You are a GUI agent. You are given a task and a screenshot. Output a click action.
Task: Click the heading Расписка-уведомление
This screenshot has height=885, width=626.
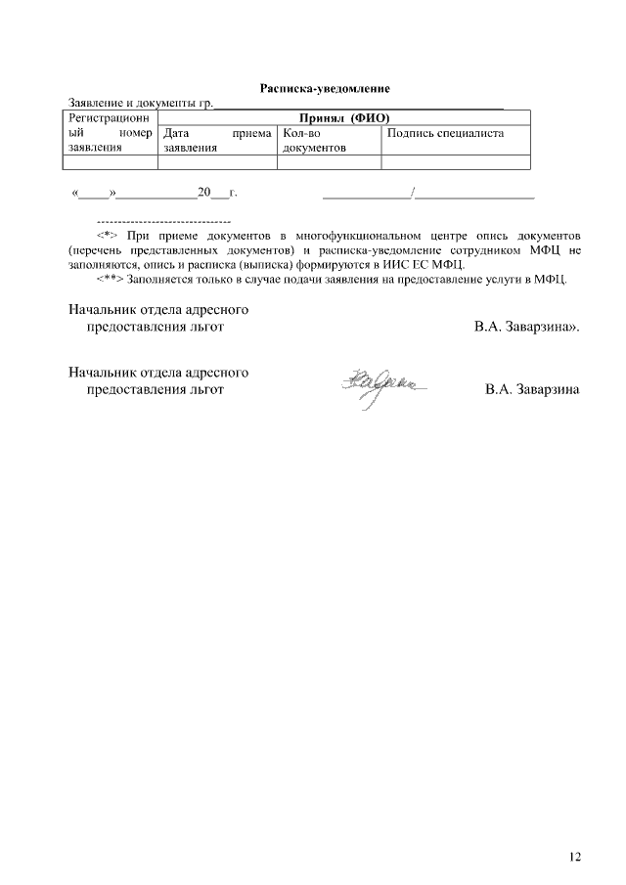325,89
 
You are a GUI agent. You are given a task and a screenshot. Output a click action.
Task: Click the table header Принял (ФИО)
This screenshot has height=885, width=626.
343,116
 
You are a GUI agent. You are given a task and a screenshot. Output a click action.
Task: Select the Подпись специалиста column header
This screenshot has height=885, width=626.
445,133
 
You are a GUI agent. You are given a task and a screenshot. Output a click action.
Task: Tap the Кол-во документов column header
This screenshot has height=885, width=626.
314,141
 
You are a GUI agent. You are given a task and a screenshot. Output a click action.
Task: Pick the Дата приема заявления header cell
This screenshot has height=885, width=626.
216,141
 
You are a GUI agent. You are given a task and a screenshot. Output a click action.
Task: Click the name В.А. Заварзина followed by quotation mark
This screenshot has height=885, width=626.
526,328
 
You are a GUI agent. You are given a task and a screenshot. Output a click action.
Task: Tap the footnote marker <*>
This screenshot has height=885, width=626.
107,237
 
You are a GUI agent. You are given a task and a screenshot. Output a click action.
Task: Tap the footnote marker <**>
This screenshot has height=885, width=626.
110,278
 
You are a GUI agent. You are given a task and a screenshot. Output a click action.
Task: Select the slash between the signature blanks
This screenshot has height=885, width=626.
414,194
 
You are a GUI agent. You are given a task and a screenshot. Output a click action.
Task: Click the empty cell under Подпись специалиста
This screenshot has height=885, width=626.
455,163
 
